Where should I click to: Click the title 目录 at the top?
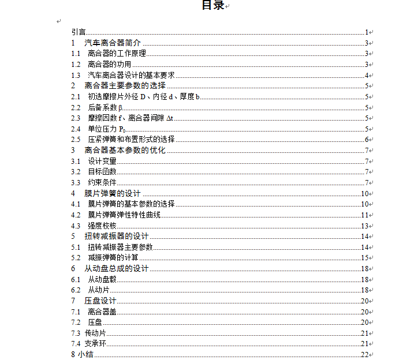point(212,6)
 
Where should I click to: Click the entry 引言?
point(79,32)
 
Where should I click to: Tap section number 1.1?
point(76,54)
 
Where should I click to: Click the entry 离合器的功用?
point(110,65)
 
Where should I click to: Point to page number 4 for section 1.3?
point(367,76)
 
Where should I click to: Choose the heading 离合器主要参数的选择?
point(125,86)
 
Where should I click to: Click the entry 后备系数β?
point(105,107)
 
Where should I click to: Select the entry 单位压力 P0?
point(106,129)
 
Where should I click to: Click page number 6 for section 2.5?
point(367,140)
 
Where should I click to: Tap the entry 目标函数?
point(102,172)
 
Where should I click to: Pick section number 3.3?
point(76,183)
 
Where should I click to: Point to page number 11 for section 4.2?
point(365,215)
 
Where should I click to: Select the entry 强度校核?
point(102,226)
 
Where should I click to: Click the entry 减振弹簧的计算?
point(113,258)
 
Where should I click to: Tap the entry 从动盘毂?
point(102,279)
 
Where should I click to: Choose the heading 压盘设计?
point(100,301)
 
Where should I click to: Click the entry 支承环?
point(95,344)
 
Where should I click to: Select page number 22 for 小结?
point(365,354)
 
